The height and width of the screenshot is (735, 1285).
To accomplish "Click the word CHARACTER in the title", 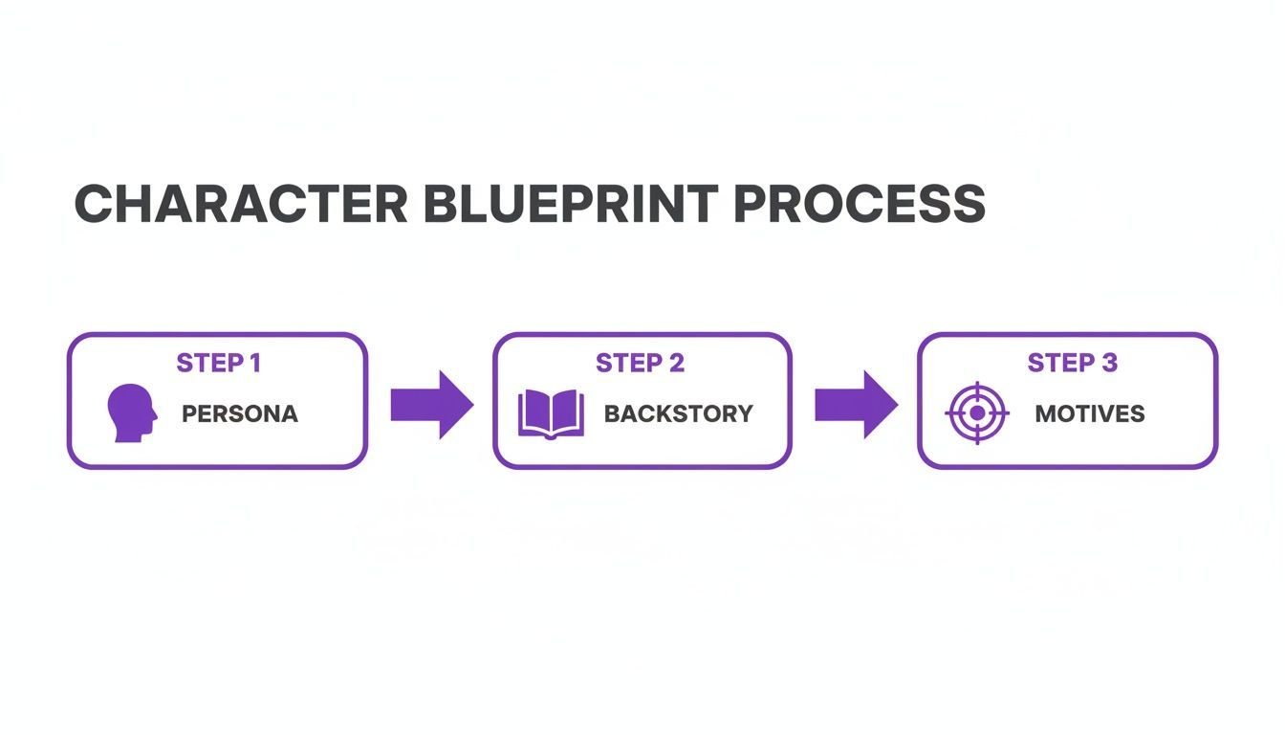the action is tap(241, 204).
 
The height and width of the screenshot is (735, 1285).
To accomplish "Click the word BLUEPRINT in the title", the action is tap(572, 204).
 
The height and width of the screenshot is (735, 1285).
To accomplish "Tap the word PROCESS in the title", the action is tap(860, 204).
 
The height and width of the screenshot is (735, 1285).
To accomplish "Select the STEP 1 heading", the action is tap(219, 363).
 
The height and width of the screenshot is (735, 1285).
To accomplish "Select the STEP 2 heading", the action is tap(641, 363).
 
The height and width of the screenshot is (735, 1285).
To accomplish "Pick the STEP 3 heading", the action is tap(1072, 363).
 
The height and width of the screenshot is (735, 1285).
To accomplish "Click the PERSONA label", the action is tap(240, 414).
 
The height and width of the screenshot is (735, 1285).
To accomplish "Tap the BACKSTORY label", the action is tap(679, 414).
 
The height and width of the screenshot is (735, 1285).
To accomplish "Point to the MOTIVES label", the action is tap(1089, 414).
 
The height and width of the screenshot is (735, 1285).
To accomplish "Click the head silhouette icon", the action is tap(132, 412).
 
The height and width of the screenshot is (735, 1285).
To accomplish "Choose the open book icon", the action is tap(552, 414).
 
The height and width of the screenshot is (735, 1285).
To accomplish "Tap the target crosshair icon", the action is tap(977, 412).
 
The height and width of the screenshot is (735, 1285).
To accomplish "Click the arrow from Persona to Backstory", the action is tap(432, 405).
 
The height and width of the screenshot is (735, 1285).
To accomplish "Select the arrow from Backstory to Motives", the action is tap(857, 405).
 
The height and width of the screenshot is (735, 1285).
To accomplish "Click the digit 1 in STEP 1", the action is tap(256, 363).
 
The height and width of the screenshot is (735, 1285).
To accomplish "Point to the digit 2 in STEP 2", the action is tap(677, 363).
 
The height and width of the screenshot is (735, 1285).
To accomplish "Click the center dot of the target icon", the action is tap(977, 412).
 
